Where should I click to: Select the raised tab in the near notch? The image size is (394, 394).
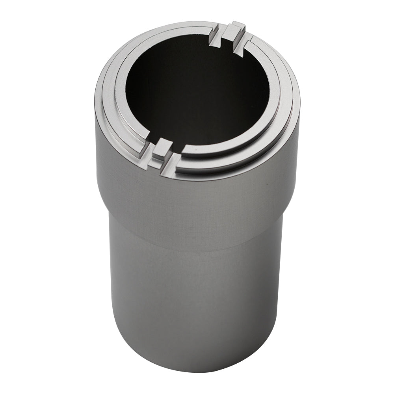[162, 148]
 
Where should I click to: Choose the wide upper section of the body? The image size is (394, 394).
[197, 205]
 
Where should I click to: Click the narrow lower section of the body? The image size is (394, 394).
[197, 307]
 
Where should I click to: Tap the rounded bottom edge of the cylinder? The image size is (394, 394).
[197, 368]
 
